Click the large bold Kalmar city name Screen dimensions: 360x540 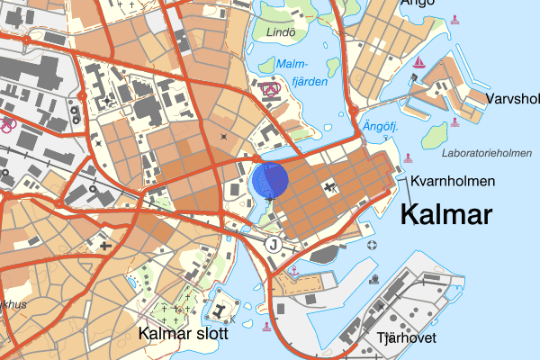[446, 215]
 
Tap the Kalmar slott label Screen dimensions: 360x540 [184, 334]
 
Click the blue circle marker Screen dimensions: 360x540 [269, 180]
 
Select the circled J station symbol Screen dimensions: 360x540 [273, 245]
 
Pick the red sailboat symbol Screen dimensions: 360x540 [418, 62]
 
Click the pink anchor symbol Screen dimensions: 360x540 [292, 268]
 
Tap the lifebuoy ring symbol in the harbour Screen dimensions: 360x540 [373, 245]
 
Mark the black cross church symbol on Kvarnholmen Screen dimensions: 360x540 [331, 186]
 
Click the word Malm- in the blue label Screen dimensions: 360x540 [292, 65]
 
